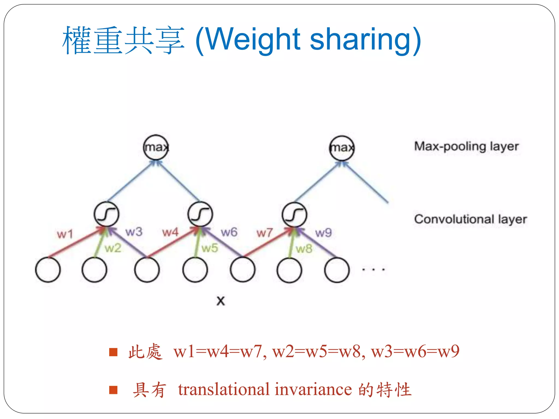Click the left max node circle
156,147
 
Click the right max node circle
342,148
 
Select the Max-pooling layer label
466,146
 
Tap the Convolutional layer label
470,219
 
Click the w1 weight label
65,234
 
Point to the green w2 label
113,248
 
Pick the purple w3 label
134,232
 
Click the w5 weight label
210,248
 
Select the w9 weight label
323,233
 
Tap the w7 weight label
264,233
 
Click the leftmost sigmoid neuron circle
106,214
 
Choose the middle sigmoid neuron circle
200,214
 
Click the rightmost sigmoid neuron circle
294,215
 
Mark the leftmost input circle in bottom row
48,270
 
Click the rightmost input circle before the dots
337,270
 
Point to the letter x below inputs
221,301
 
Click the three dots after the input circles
373,270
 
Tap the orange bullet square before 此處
113,352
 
